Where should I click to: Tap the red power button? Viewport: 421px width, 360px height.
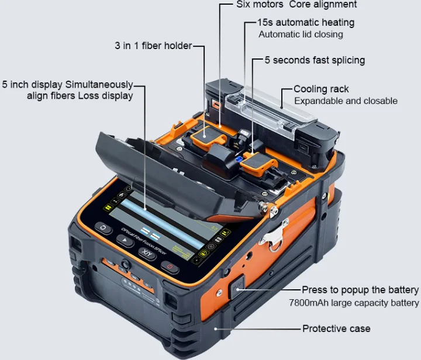click(170, 267)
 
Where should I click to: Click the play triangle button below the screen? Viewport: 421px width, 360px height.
click(125, 240)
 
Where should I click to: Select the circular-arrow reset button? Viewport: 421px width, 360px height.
click(103, 228)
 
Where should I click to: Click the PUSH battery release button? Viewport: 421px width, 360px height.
click(237, 287)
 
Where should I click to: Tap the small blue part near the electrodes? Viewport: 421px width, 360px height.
click(239, 160)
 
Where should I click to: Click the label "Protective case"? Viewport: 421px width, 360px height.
click(336, 328)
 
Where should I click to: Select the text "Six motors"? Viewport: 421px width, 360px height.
click(260, 4)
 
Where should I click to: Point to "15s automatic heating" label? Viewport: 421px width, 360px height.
click(306, 23)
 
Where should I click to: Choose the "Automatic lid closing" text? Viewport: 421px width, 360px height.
click(301, 34)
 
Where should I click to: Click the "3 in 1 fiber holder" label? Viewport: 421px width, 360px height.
click(153, 46)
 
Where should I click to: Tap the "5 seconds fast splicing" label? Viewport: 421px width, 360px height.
click(315, 60)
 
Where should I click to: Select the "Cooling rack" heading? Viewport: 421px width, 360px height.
click(321, 89)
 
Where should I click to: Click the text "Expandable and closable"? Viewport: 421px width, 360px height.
click(346, 101)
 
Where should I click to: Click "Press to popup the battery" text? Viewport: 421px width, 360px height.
click(360, 290)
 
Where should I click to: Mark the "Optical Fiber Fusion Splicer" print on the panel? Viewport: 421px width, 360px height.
click(144, 241)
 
